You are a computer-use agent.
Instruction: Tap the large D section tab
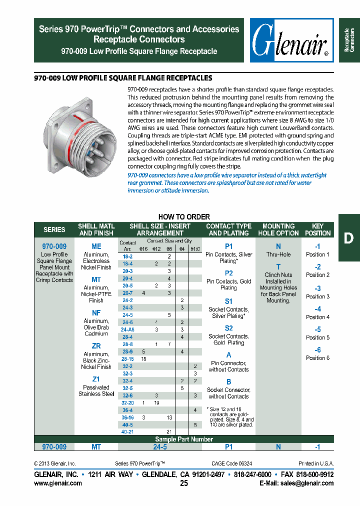(348, 238)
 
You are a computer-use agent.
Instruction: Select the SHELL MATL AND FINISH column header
(96, 229)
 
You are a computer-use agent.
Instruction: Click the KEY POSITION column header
(317, 229)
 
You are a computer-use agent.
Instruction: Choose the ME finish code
(96, 246)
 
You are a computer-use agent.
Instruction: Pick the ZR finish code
(96, 346)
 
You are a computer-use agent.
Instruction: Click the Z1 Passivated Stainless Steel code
(96, 379)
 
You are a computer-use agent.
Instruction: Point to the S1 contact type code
(228, 301)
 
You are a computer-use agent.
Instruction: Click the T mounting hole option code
(278, 267)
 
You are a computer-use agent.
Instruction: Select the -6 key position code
(317, 350)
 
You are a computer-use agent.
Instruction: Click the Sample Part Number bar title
(184, 439)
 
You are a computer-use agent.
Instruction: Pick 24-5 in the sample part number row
(160, 446)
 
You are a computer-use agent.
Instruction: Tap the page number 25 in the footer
(184, 483)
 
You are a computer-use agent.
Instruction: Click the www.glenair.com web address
(58, 483)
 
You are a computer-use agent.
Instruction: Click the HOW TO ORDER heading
(184, 217)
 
